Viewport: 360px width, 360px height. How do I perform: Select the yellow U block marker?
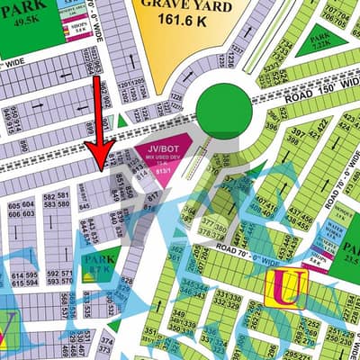coord(287,288)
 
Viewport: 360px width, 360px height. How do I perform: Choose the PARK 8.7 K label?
coord(98,265)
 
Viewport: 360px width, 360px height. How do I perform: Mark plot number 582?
coord(49,195)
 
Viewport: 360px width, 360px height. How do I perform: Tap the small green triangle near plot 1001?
coord(122,121)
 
